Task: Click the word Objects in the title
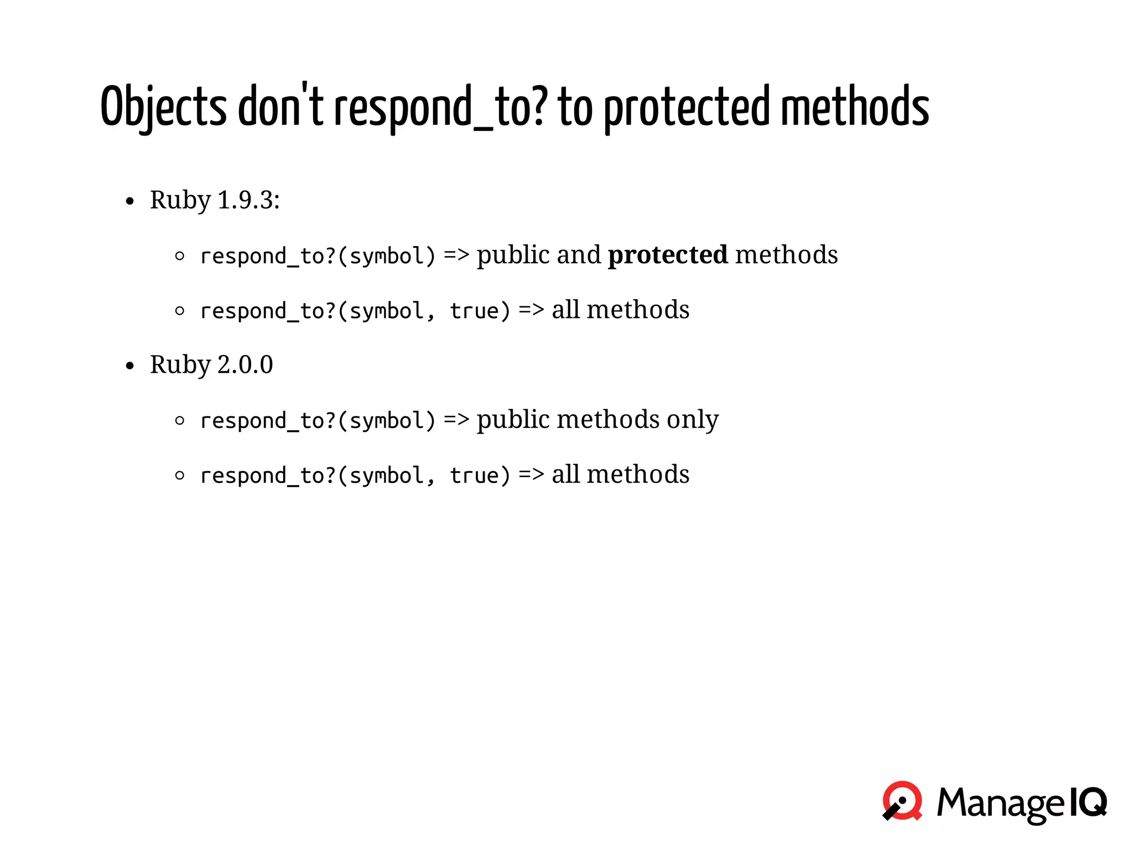coord(163,106)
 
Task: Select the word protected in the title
coord(686,106)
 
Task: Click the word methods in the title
coord(855,106)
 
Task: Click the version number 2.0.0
coord(245,365)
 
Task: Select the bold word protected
coord(668,255)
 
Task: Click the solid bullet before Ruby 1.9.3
coord(130,201)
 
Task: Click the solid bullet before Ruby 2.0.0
coord(130,366)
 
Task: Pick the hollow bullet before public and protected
coord(179,256)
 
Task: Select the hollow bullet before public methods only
coord(179,421)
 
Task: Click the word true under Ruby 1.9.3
coord(474,311)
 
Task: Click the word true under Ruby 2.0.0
coord(474,476)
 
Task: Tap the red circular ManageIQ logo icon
coord(902,801)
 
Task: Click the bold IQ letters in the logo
coord(1088,802)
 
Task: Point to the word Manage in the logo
coord(1000,803)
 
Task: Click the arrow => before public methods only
coord(456,420)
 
